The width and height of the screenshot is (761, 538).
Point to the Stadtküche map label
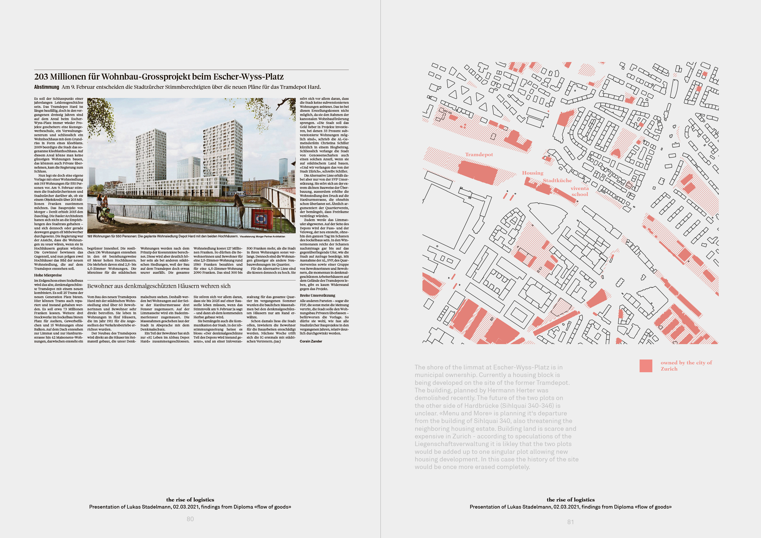pyautogui.click(x=557, y=181)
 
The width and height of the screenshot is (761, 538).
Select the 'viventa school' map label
pyautogui.click(x=579, y=191)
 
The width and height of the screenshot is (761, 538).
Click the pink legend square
pyautogui.click(x=646, y=366)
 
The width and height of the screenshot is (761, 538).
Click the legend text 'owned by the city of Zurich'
pyautogui.click(x=686, y=365)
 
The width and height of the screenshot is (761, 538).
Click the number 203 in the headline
pyautogui.click(x=41, y=77)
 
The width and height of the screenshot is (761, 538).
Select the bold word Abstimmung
pyautogui.click(x=46, y=87)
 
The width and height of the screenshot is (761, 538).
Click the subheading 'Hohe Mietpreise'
pyautogui.click(x=48, y=275)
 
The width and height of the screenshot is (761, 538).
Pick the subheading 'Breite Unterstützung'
pyautogui.click(x=317, y=296)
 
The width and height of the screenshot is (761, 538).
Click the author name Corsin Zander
pyautogui.click(x=311, y=341)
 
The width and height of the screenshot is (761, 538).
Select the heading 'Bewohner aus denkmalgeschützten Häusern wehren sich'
pyautogui.click(x=159, y=286)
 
